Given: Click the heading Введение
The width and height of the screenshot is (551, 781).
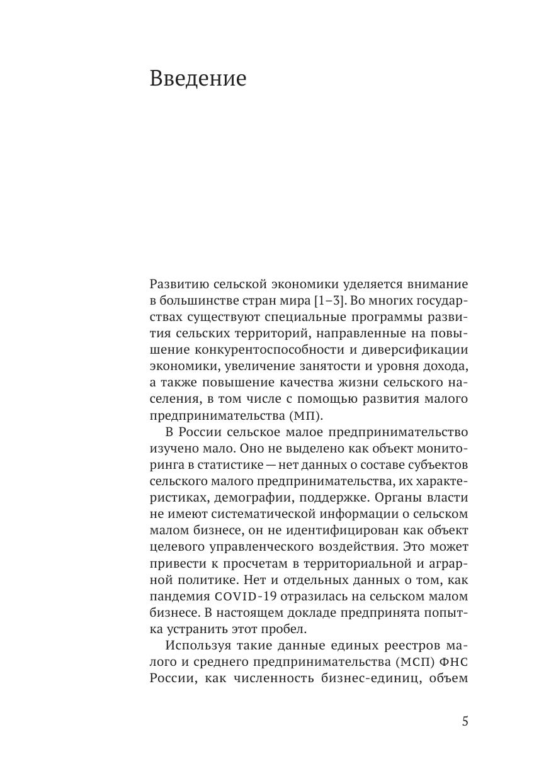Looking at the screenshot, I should pyautogui.click(x=198, y=79).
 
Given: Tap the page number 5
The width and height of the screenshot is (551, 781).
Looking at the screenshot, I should pyautogui.click(x=465, y=721).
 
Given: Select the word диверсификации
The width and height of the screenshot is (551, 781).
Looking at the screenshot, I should pyautogui.click(x=416, y=350).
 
